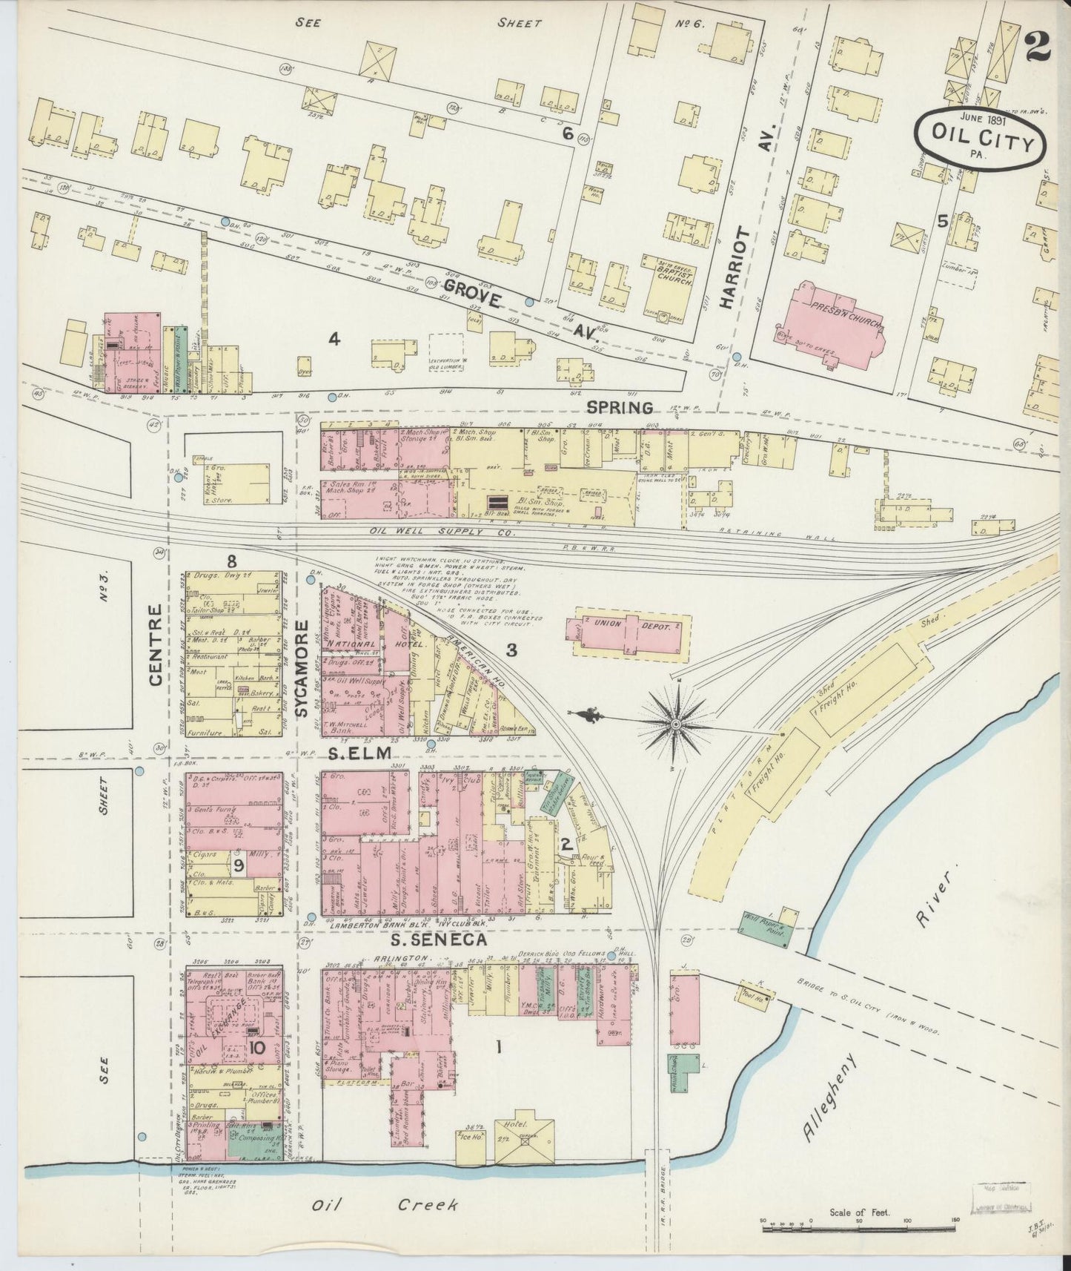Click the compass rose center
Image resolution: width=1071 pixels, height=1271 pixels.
pos(676,722)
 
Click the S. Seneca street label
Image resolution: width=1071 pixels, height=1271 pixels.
pos(439,940)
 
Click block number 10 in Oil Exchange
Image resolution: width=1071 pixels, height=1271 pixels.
pos(256,1047)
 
